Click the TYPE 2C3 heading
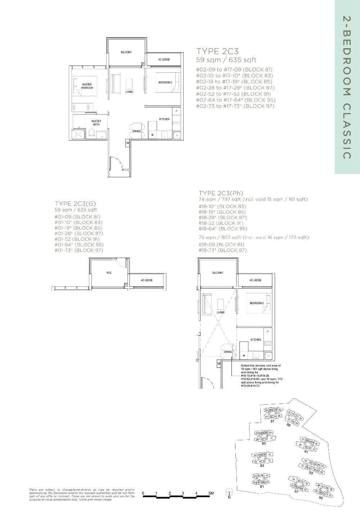[217, 51]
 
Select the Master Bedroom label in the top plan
[87, 86]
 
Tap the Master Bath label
[96, 123]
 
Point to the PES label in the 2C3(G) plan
[109, 273]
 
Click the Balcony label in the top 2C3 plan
[126, 52]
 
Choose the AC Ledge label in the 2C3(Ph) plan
[255, 280]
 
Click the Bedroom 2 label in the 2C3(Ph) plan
[257, 303]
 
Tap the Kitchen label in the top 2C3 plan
[164, 119]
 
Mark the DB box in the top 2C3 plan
[127, 143]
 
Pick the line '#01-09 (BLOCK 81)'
[77, 217]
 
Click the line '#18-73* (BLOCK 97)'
[223, 250]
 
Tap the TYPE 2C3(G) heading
[75, 204]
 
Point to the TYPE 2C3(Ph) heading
[221, 193]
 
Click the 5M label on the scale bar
[211, 493]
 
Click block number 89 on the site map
[288, 425]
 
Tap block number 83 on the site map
[262, 466]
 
